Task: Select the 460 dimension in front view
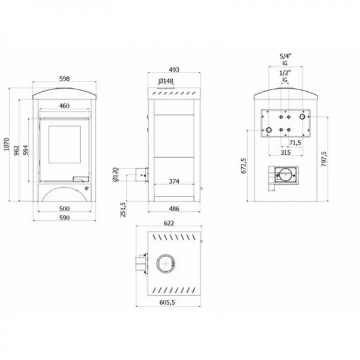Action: (x=65, y=106)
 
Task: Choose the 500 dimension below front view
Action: (x=65, y=208)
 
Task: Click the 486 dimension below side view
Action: (x=174, y=208)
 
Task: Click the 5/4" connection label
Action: (x=285, y=56)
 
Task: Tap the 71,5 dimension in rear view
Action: (x=295, y=143)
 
